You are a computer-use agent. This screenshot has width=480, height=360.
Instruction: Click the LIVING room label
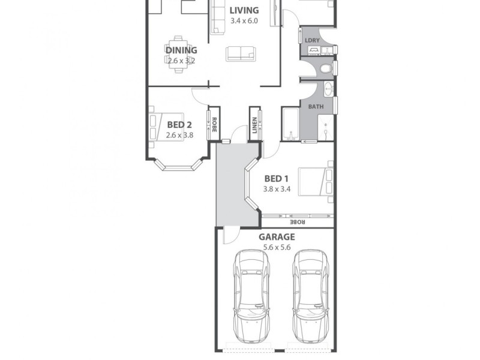[244, 10]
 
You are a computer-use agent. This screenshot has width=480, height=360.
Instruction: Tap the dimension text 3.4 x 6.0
[244, 21]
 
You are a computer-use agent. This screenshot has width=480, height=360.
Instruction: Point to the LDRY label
[312, 41]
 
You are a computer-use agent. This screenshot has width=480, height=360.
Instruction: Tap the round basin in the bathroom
[328, 90]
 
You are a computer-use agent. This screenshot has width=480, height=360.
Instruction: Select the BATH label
[316, 107]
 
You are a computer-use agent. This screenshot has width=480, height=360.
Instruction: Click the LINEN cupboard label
[255, 125]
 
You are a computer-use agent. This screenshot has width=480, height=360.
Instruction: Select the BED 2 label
[179, 125]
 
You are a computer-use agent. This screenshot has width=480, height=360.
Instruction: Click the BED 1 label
[277, 178]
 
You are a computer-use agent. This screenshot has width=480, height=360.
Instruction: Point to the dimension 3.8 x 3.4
[277, 188]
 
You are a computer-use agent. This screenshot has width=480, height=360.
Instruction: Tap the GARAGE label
[277, 236]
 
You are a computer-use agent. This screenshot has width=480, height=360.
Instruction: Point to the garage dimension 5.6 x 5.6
[277, 247]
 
